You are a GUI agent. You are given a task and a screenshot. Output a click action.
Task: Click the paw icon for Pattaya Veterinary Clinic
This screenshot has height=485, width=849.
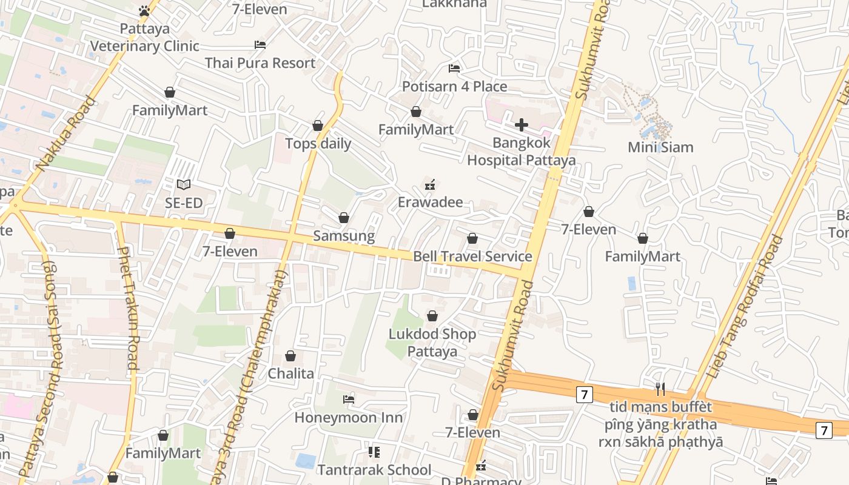tap(144, 10)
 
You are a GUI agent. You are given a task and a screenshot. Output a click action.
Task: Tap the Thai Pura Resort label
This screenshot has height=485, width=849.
tap(260, 62)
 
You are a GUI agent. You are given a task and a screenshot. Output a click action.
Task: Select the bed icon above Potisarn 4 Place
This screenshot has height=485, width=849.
tap(454, 68)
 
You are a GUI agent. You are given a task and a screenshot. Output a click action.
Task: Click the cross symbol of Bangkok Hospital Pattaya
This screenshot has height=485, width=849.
tap(521, 125)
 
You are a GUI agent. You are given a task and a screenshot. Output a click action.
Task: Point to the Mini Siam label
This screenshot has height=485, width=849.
tap(660, 147)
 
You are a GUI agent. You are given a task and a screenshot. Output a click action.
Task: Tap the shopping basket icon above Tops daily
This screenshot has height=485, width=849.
tap(318, 125)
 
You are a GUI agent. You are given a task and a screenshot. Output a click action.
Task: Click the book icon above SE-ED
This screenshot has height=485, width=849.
tap(184, 184)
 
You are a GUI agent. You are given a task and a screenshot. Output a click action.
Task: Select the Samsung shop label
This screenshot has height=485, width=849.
tap(344, 235)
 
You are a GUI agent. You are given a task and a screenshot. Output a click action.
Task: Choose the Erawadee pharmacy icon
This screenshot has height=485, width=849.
tap(430, 184)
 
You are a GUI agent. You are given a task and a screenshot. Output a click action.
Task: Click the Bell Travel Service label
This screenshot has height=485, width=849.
tap(472, 256)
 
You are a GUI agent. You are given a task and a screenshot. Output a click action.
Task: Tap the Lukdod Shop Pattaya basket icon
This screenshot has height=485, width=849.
tap(432, 316)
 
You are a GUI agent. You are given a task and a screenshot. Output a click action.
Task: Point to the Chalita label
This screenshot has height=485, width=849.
tap(291, 373)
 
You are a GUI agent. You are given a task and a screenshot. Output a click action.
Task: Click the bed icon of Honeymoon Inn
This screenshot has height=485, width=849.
tap(349, 399)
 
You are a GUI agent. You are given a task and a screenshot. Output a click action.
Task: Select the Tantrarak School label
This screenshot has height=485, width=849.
tap(374, 469)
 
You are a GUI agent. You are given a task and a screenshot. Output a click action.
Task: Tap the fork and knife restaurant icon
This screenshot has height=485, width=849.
tap(660, 389)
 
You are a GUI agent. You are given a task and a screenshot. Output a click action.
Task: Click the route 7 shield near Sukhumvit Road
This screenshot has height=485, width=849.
tap(583, 395)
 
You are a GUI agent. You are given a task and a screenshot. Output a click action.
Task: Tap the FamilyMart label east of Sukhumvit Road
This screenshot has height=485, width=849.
tap(642, 256)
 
